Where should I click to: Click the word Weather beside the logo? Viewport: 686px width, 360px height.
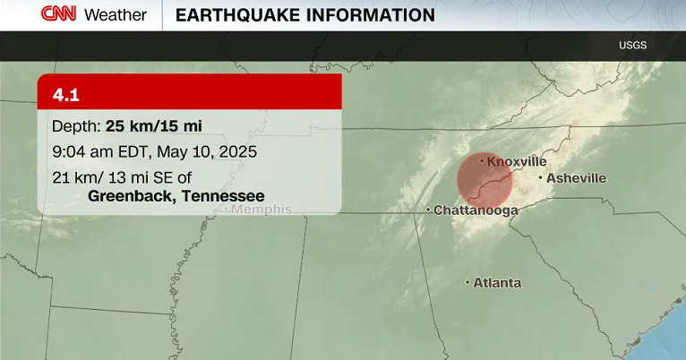point(116,15)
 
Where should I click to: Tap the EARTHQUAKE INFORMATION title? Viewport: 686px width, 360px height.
point(304,15)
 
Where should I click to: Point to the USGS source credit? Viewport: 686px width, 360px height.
point(632,45)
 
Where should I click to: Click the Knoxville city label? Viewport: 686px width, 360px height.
point(517,161)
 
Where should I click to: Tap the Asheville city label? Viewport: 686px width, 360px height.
point(576,178)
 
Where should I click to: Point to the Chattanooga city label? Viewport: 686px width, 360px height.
point(476,210)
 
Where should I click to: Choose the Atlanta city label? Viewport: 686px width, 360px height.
point(497,283)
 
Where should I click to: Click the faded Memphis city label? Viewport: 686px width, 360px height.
point(262,210)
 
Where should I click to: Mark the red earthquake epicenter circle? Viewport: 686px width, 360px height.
point(484,179)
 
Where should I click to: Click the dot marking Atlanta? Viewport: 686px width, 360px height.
point(467,283)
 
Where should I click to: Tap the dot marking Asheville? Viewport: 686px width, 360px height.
point(540,178)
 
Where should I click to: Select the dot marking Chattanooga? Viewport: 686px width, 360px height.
point(428,210)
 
